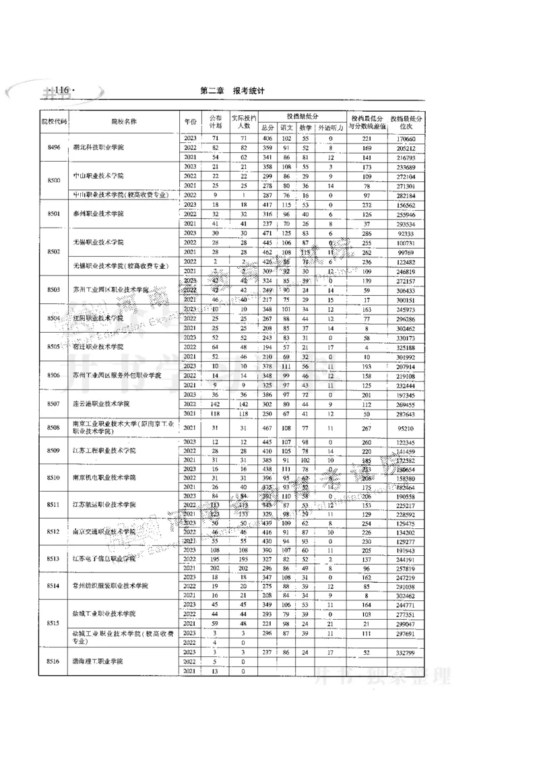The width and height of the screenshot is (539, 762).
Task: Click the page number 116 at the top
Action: [x=62, y=90]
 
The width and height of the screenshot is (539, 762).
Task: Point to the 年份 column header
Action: [x=190, y=121]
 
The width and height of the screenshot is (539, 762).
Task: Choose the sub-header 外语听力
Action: [x=331, y=127]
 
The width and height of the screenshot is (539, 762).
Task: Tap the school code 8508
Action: [x=55, y=427]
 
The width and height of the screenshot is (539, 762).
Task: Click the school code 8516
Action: [x=55, y=662]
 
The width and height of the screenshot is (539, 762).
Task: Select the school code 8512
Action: [x=55, y=532]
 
